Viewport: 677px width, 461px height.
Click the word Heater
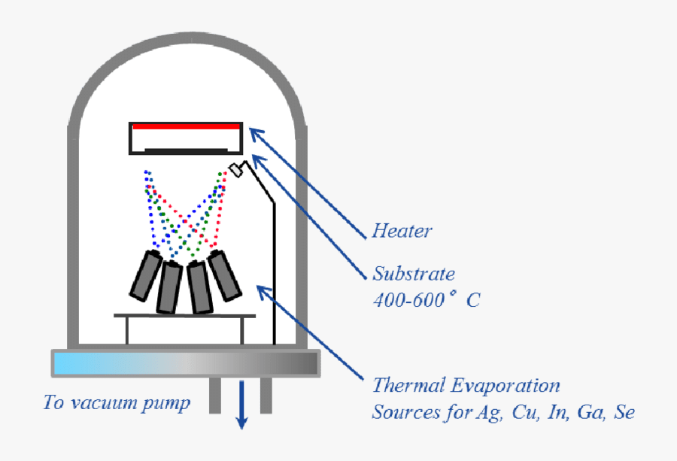pos(402,231)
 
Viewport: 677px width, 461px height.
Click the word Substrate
pos(414,274)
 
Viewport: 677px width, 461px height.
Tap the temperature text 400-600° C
pos(426,300)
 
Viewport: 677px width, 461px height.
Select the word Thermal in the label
pos(405,387)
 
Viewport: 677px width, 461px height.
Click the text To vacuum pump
pos(117,403)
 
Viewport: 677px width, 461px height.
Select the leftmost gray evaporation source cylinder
pos(145,275)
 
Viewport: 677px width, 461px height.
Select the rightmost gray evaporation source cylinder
pos(225,275)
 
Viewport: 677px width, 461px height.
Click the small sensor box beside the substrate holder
pos(238,169)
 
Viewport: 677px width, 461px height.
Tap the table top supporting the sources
pos(184,317)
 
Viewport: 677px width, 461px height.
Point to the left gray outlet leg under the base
pos(215,395)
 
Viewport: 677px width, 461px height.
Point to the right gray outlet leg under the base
pos(266,395)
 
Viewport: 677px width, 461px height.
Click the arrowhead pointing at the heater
pos(256,132)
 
